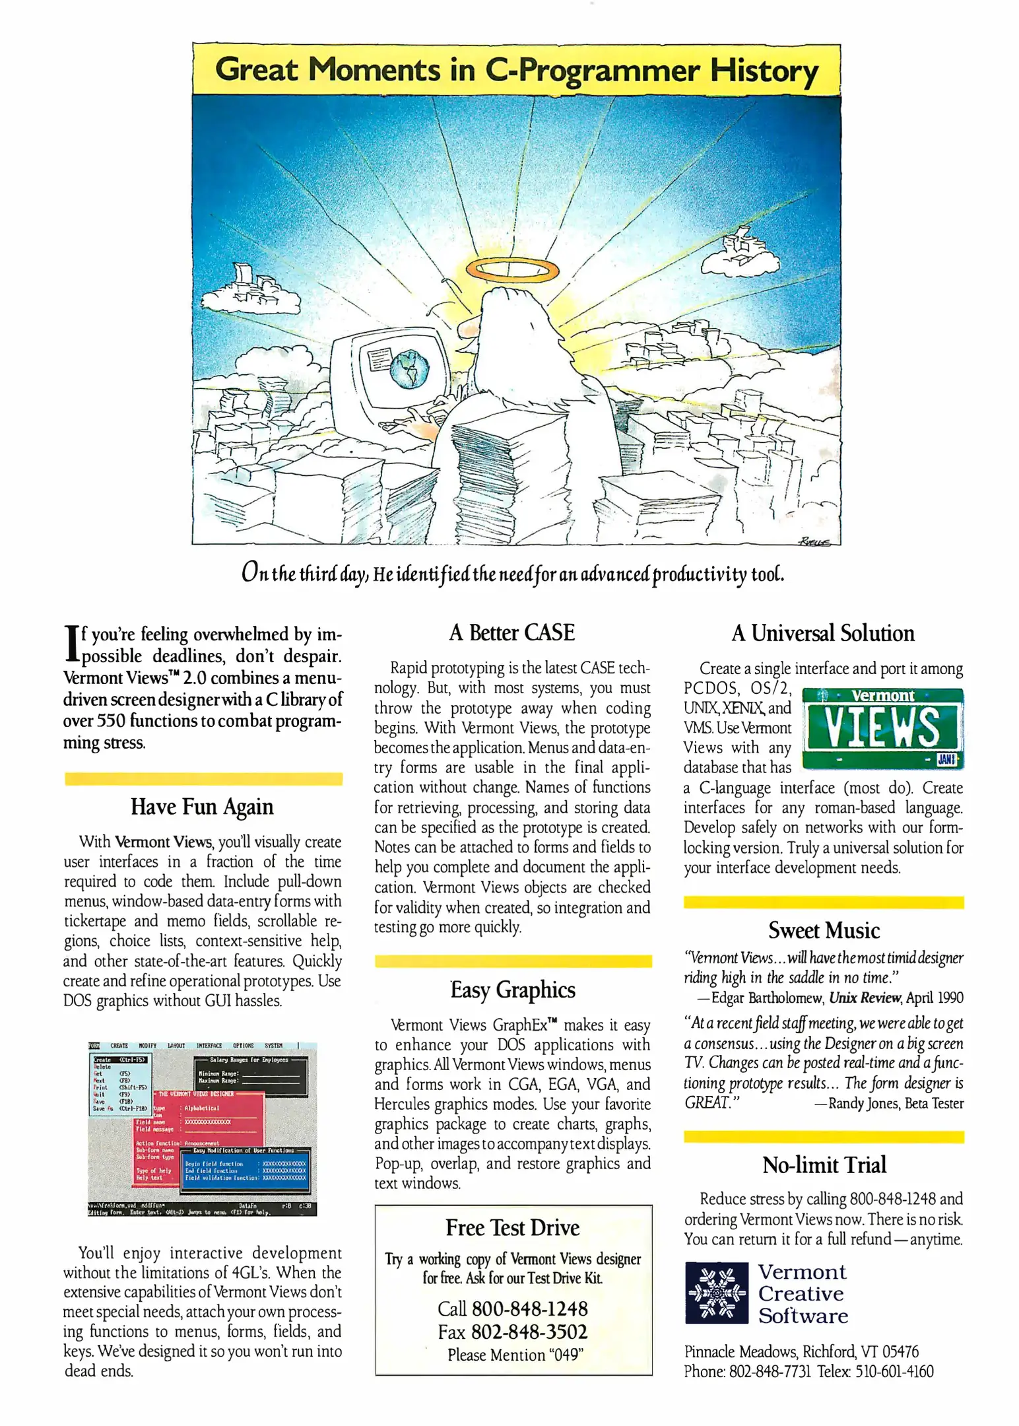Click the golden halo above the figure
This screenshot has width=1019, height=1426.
tap(512, 269)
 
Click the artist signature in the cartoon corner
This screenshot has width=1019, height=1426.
tap(816, 541)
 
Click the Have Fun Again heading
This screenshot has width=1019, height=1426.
tap(202, 807)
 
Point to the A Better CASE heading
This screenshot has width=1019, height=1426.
tap(511, 632)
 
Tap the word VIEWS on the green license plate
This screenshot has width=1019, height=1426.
tap(882, 727)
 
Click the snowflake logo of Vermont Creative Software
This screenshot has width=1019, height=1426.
tap(716, 1293)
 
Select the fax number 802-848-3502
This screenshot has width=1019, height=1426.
tap(529, 1332)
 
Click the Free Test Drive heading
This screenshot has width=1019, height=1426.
tap(512, 1227)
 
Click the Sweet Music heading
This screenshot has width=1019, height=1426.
tap(823, 930)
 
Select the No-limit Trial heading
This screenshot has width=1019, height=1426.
tap(824, 1165)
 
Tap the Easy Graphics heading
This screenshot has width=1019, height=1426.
tap(513, 990)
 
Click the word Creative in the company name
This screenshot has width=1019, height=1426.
tap(801, 1293)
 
